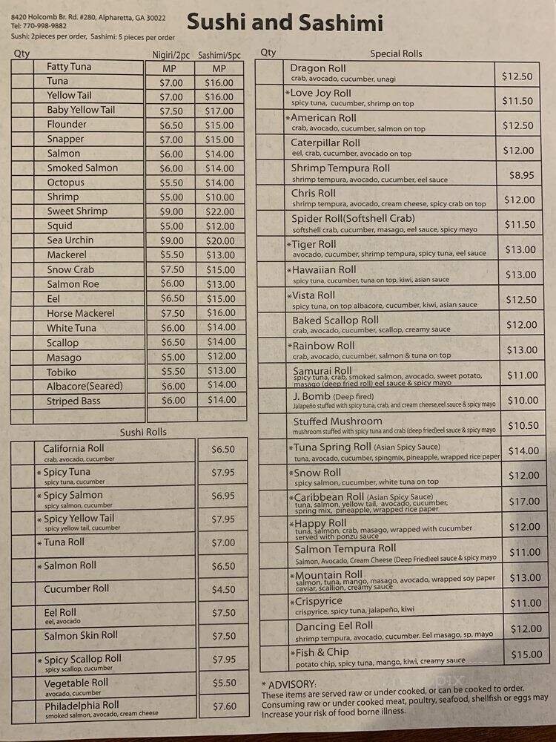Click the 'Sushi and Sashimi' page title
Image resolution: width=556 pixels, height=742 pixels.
pyautogui.click(x=285, y=22)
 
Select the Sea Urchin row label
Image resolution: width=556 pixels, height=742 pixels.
pyautogui.click(x=70, y=240)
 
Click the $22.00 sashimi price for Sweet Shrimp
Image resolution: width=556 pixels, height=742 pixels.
pyautogui.click(x=219, y=211)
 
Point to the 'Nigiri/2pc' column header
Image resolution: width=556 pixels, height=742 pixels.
pyautogui.click(x=171, y=54)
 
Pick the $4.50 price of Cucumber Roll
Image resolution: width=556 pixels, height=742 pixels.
pyautogui.click(x=222, y=590)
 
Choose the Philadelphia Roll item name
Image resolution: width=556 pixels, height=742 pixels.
pyautogui.click(x=82, y=705)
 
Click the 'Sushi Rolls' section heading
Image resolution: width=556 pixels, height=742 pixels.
pyautogui.click(x=143, y=432)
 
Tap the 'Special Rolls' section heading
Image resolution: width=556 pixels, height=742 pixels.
pyautogui.click(x=396, y=53)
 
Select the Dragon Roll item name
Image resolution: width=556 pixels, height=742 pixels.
pyautogui.click(x=317, y=68)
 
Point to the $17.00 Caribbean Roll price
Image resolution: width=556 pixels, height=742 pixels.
pyautogui.click(x=519, y=502)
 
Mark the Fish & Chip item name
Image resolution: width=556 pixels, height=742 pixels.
pyautogui.click(x=322, y=652)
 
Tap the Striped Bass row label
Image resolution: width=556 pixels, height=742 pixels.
pyautogui.click(x=73, y=401)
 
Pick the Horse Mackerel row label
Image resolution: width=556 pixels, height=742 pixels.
pyautogui.click(x=81, y=313)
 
